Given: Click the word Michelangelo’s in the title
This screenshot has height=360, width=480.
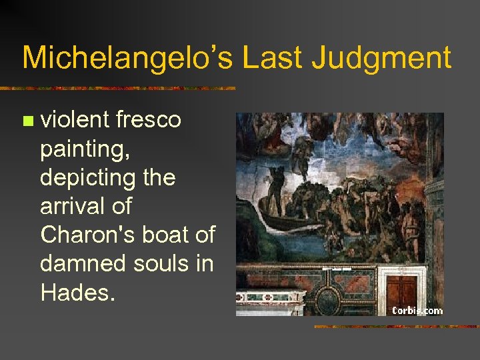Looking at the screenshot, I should [127, 58].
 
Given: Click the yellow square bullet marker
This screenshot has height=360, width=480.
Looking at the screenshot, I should [27, 121].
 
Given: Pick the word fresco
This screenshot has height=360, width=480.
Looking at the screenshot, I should [148, 119].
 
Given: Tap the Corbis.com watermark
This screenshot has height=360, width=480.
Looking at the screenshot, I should [417, 309].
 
